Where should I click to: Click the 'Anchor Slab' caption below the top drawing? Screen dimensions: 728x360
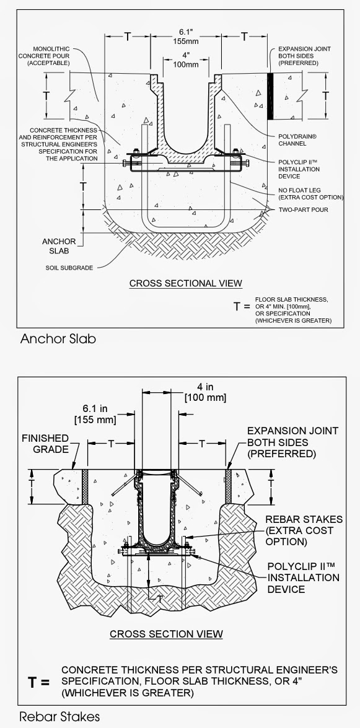click(58, 339)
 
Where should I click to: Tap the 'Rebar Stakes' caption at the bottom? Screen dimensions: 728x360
click(59, 717)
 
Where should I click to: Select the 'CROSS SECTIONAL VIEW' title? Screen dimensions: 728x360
click(185, 284)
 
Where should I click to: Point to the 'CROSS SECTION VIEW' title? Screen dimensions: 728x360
click(166, 634)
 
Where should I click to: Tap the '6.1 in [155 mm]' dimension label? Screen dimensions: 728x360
click(97, 414)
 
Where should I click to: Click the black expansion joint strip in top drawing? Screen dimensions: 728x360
click(270, 96)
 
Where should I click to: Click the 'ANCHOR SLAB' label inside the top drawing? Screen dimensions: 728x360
click(59, 246)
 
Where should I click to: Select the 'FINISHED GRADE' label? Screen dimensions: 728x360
click(46, 444)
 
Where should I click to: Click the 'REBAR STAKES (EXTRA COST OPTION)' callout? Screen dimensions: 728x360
click(299, 530)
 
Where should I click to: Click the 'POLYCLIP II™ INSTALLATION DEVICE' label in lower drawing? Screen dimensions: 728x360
click(303, 577)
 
